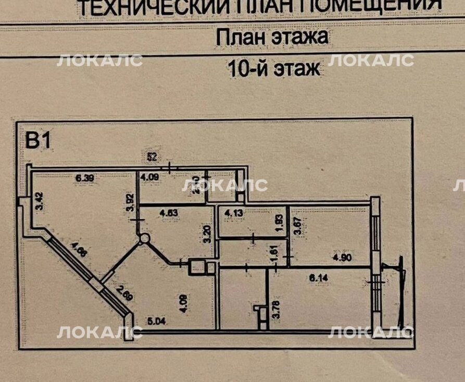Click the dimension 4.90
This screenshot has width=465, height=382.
click(x=343, y=257)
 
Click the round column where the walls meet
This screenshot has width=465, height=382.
click(x=144, y=238)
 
